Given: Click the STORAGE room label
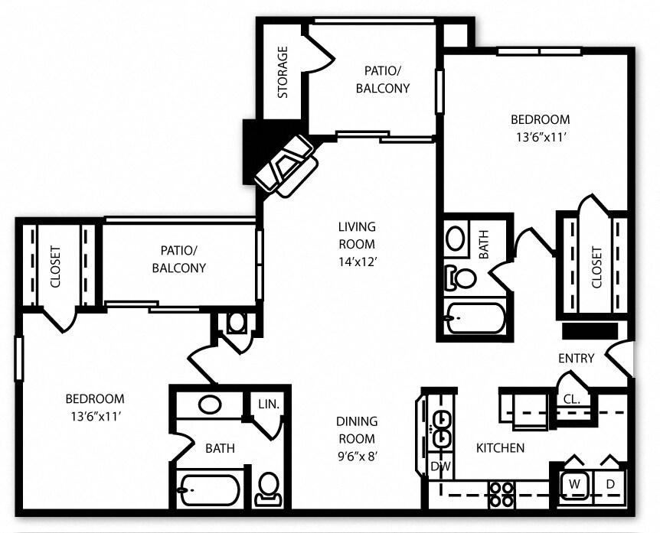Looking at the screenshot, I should [x=283, y=73].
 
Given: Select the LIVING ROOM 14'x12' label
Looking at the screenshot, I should [x=357, y=244].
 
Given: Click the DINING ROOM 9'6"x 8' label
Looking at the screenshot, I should [x=357, y=439].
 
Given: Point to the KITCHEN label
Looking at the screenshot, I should [x=500, y=447].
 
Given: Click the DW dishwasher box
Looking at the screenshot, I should [x=440, y=466].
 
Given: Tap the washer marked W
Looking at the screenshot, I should [x=573, y=484].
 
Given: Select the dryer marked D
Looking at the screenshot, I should [x=610, y=484].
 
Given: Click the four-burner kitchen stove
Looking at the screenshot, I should [x=502, y=493].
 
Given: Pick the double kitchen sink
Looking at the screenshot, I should [x=440, y=427].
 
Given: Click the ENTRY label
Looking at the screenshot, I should [x=577, y=358].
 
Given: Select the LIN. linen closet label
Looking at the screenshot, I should [x=269, y=403].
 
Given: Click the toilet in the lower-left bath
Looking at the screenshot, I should [x=268, y=487].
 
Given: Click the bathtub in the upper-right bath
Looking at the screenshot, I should [x=475, y=317].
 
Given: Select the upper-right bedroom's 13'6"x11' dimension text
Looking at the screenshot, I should [x=541, y=137].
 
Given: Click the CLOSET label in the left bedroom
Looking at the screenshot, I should [x=55, y=265].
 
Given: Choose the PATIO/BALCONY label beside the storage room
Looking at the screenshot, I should [x=383, y=79].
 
